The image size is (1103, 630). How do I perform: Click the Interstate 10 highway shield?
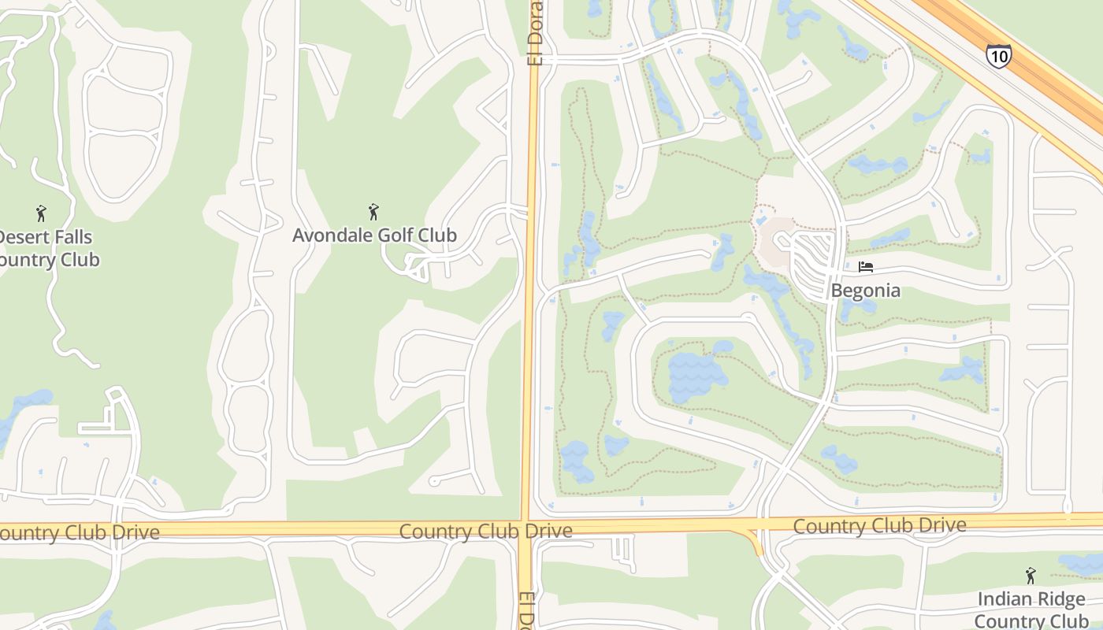[x=998, y=56]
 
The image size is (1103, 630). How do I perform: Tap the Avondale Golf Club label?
[x=374, y=235]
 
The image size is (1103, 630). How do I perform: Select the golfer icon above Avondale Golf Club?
[x=374, y=211]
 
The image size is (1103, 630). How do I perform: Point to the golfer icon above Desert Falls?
[x=41, y=213]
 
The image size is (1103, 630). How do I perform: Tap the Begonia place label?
[x=865, y=291]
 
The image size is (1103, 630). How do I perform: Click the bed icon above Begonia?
[x=865, y=267]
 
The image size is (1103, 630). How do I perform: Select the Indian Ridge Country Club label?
[x=1031, y=610]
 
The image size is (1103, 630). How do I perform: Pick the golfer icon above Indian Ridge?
[x=1030, y=576]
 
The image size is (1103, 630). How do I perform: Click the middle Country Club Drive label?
[x=485, y=531]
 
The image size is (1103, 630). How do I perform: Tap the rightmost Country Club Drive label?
[x=879, y=525]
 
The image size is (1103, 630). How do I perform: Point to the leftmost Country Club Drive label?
[x=79, y=532]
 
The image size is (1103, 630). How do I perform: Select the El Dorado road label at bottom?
[x=526, y=610]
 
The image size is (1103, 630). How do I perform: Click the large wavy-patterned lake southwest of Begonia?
[x=698, y=372]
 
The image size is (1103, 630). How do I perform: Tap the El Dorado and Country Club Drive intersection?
[x=526, y=528]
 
